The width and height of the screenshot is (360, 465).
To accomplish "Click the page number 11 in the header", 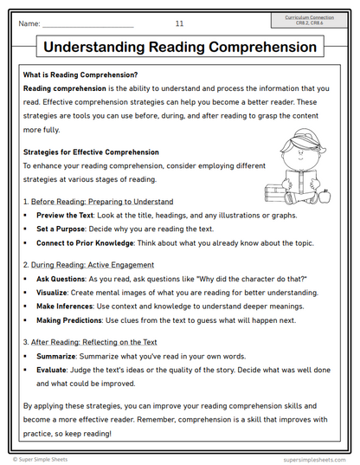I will coord(179,23).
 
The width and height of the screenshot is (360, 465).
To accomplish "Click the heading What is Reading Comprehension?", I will coord(80,75).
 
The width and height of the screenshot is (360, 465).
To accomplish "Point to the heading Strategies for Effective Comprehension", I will coord(91,152).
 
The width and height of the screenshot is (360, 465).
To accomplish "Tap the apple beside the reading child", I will coord(325,197).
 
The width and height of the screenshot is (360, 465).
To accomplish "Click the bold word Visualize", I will coord(55,294).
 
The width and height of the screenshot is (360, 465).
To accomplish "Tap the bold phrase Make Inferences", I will coord(66,307).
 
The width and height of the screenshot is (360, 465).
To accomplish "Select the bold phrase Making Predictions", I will coord(70,321).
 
